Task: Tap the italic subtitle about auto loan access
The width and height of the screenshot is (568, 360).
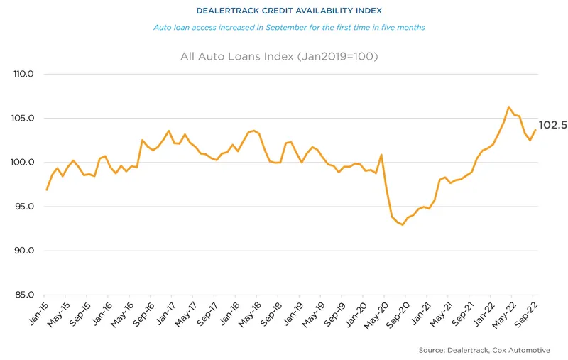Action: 288,28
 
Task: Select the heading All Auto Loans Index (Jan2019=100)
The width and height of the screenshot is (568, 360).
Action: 288,56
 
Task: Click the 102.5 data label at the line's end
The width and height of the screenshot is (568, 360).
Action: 552,126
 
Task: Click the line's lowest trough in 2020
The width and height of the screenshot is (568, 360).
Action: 403,225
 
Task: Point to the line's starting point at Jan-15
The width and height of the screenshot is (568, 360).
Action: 46,190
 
